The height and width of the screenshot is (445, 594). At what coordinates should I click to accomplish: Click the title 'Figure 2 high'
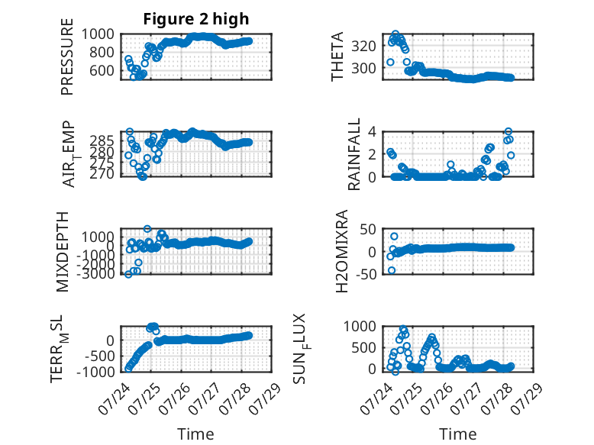(196, 19)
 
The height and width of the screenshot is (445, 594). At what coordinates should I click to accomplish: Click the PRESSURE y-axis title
(66, 56)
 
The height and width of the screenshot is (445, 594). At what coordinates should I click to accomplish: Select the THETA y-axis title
(337, 56)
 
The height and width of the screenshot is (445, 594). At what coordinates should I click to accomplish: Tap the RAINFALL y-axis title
(353, 154)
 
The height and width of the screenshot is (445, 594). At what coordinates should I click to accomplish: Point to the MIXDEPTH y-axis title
(63, 252)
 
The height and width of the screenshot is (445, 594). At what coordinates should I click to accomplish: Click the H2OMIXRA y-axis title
(342, 251)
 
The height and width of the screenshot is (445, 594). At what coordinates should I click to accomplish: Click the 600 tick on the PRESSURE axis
(102, 70)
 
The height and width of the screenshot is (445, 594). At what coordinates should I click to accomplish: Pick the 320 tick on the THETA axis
(363, 47)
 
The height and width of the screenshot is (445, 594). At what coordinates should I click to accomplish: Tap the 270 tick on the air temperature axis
(102, 173)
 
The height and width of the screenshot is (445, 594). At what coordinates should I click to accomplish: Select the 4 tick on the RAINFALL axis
(372, 132)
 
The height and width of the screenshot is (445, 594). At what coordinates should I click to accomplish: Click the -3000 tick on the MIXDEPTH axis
(95, 273)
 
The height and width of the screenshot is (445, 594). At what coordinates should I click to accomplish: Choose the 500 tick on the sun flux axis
(363, 347)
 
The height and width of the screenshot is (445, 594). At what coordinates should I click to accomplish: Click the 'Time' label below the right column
(457, 434)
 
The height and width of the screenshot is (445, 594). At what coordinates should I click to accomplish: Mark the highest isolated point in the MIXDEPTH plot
(147, 229)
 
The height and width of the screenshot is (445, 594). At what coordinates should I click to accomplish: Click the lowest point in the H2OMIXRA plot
(392, 270)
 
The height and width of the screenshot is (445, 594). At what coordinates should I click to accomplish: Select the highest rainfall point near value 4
(508, 132)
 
